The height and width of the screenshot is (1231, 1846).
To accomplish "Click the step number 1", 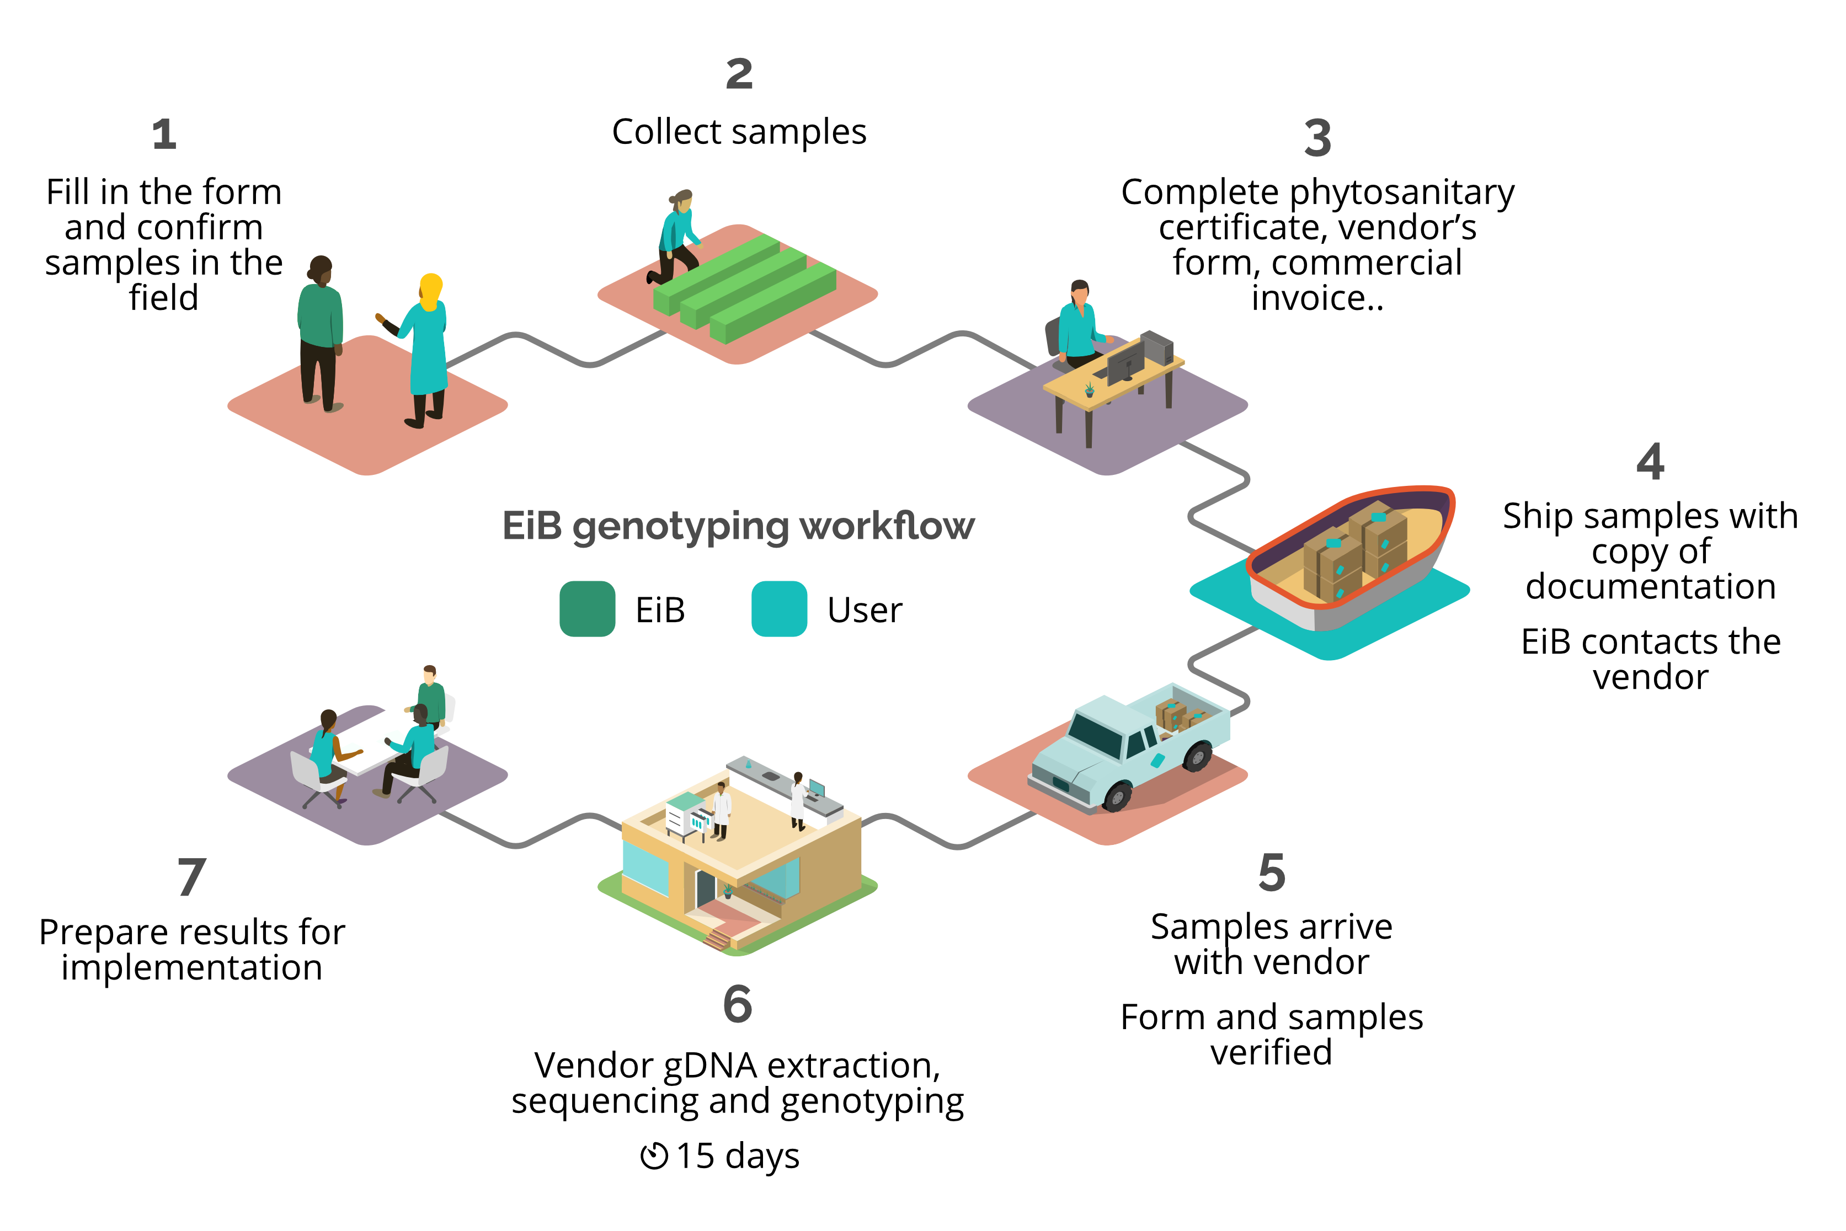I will (164, 134).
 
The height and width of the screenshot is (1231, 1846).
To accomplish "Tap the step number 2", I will (739, 74).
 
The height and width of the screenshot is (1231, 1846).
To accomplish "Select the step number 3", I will (1317, 138).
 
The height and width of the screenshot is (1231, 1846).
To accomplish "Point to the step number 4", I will (1650, 461).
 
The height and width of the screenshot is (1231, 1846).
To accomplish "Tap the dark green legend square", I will (586, 608).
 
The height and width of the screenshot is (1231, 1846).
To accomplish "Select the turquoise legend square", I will (779, 608).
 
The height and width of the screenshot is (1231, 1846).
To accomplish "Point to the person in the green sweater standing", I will (321, 330).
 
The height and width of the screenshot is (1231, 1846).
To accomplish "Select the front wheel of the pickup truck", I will (1117, 798).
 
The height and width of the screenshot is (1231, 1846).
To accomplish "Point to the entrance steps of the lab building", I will (717, 938).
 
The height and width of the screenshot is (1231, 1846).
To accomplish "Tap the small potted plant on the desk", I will (1089, 389).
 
